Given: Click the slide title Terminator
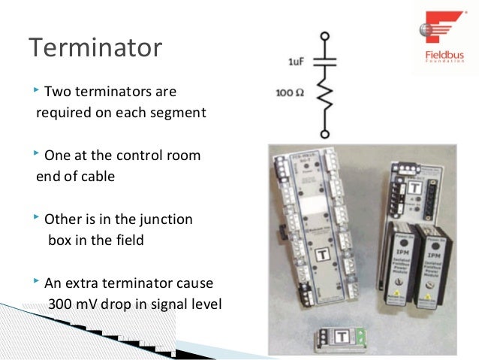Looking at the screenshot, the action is (x=95, y=48).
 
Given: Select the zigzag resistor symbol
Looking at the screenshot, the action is (x=325, y=95).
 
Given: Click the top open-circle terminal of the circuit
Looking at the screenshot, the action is (x=325, y=35).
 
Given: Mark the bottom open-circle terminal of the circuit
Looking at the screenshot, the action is (x=325, y=134).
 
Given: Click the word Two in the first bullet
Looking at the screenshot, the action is (x=58, y=92).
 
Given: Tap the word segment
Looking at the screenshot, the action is (x=178, y=113).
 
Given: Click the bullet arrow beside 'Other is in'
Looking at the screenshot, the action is (x=37, y=219).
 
